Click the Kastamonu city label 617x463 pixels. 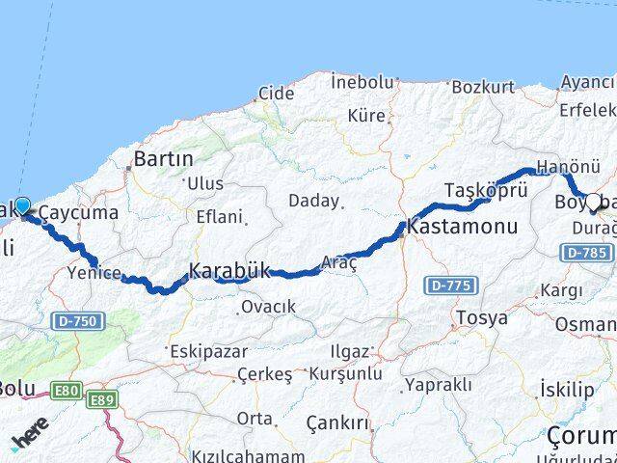coord(462,228)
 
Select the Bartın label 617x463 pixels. coord(164,157)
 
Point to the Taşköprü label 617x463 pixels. coord(487,189)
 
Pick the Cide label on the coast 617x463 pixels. coord(276,95)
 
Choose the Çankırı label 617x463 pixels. coord(337,422)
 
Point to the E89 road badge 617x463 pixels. coord(101,398)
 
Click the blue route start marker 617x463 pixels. coord(22,206)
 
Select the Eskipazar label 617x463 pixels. coord(210,351)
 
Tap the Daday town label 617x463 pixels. coord(316,202)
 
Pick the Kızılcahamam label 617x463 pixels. coord(236,455)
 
